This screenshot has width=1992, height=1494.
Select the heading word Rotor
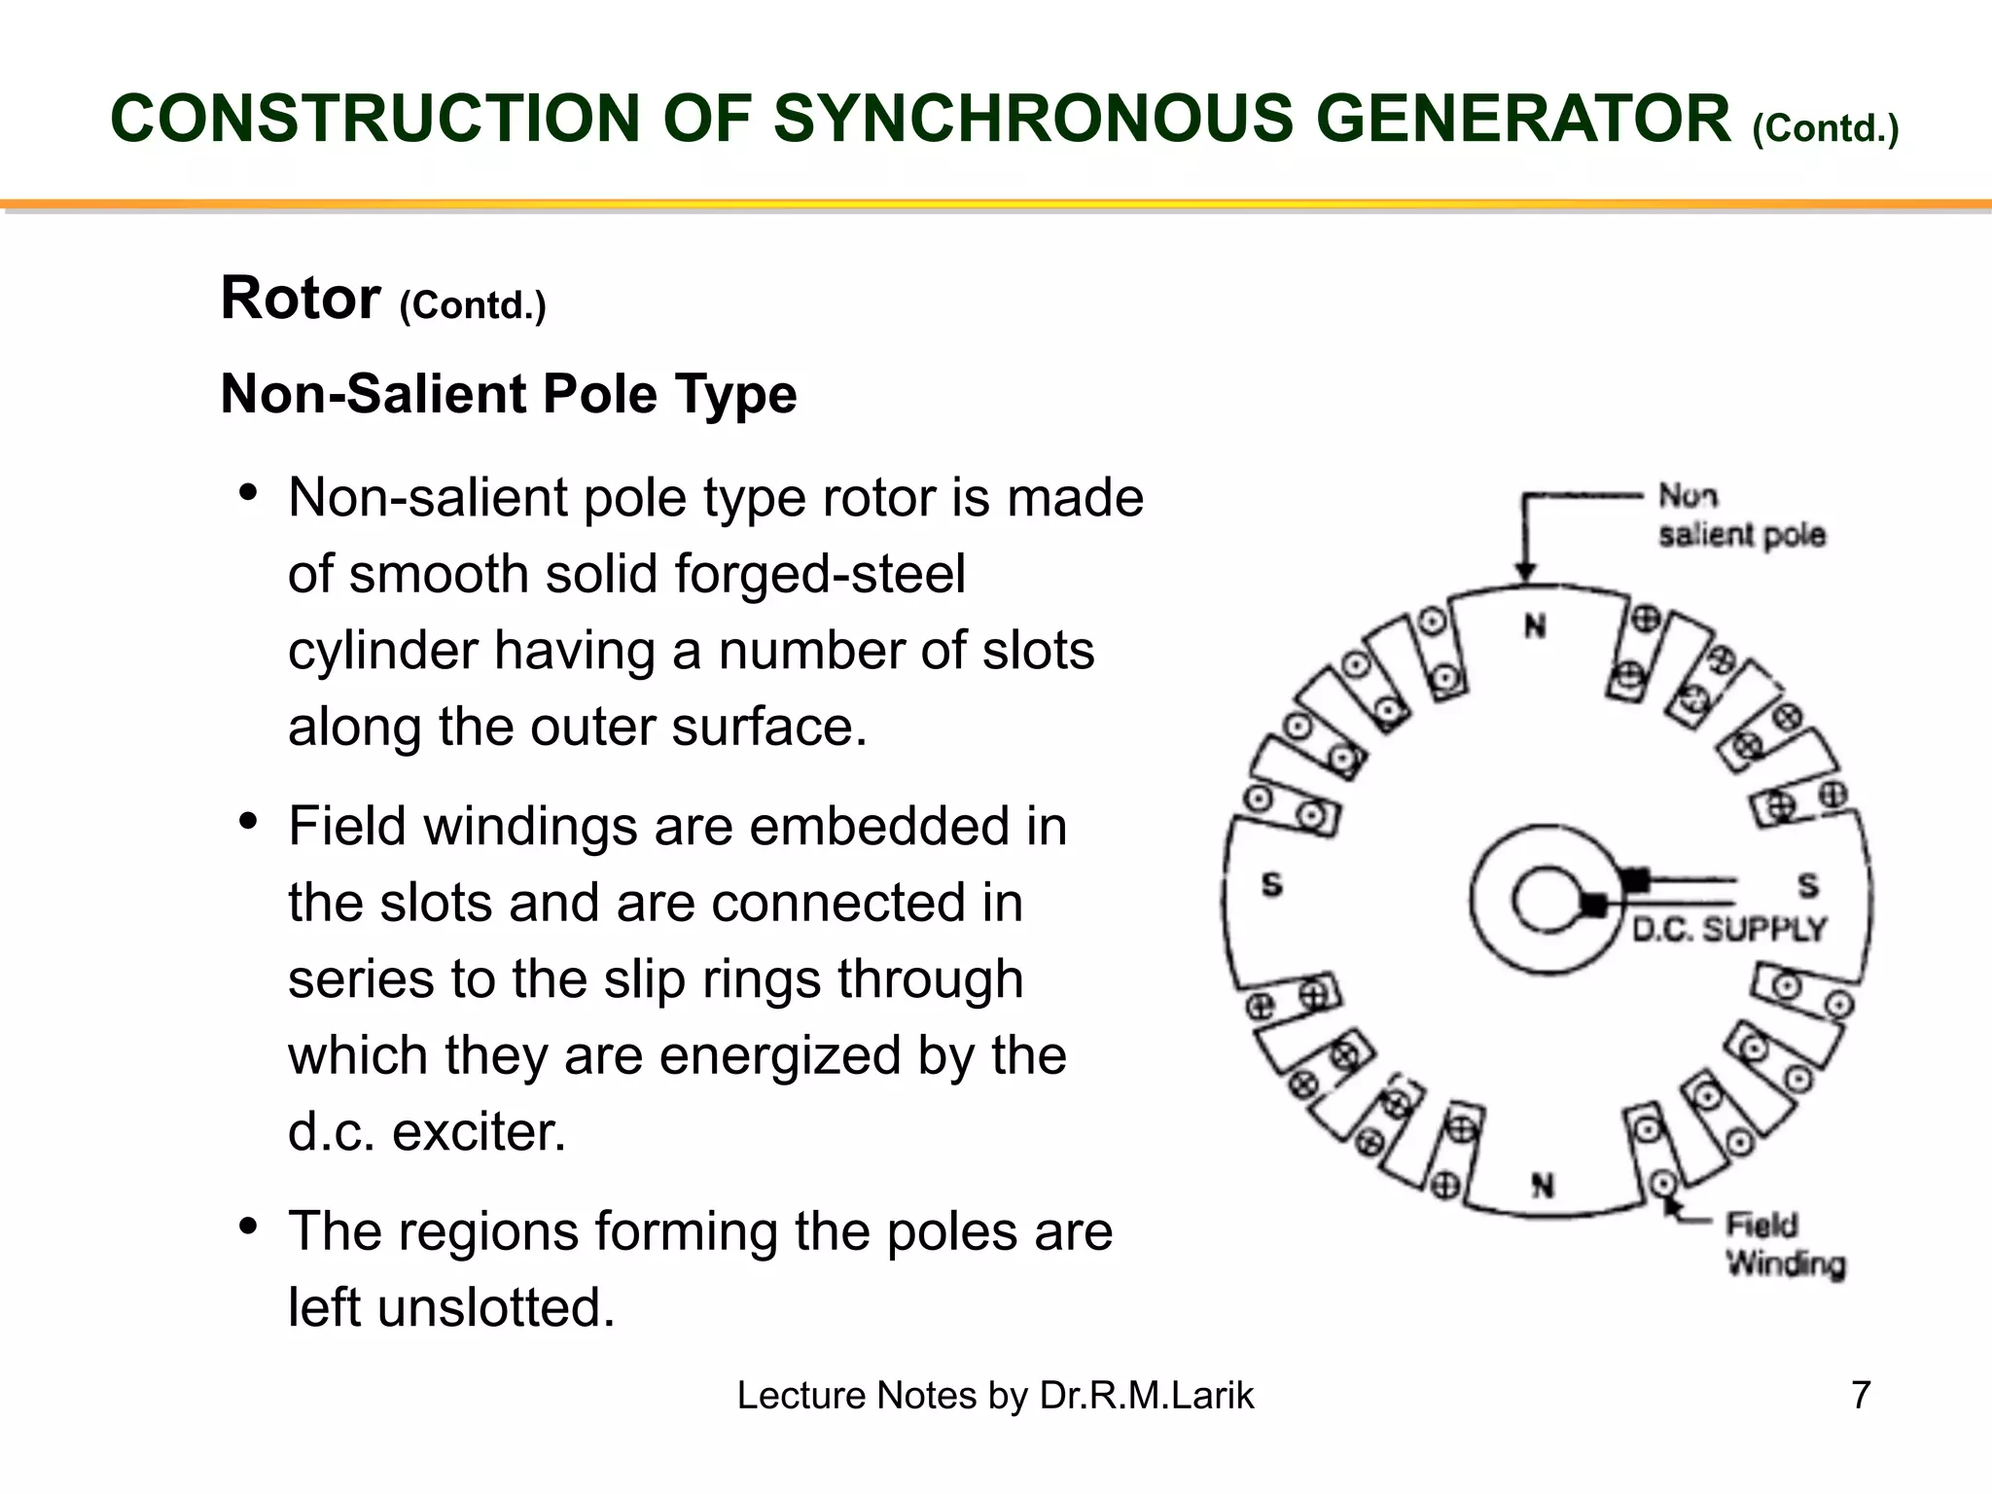pos(300,298)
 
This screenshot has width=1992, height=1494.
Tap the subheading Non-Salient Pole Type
pos(509,394)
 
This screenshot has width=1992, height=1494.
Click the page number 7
pos(1861,1395)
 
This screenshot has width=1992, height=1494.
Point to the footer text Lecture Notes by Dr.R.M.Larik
pos(995,1395)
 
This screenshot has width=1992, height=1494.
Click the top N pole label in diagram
pos(1535,626)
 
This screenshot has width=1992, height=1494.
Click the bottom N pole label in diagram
pos(1543,1186)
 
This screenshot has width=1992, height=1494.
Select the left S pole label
pos(1271,885)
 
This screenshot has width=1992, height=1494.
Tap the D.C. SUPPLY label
pos(1728,930)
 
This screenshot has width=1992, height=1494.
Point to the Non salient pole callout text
pos(1741,516)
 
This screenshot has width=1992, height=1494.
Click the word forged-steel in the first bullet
pos(820,574)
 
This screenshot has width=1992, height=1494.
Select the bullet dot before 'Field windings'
pos(248,823)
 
